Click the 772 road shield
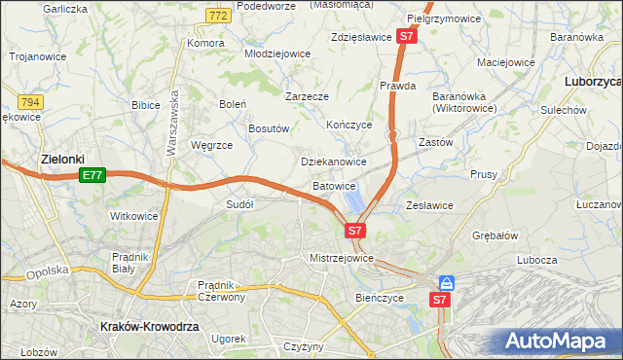pos(219,17)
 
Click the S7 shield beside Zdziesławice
pos(408,37)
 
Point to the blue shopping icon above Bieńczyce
pos(446,283)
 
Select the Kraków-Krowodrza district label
pos(150,328)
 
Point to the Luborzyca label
pos(593,82)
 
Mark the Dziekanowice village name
pos(334,162)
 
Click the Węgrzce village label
pos(211,145)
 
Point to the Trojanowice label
pos(38,56)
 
